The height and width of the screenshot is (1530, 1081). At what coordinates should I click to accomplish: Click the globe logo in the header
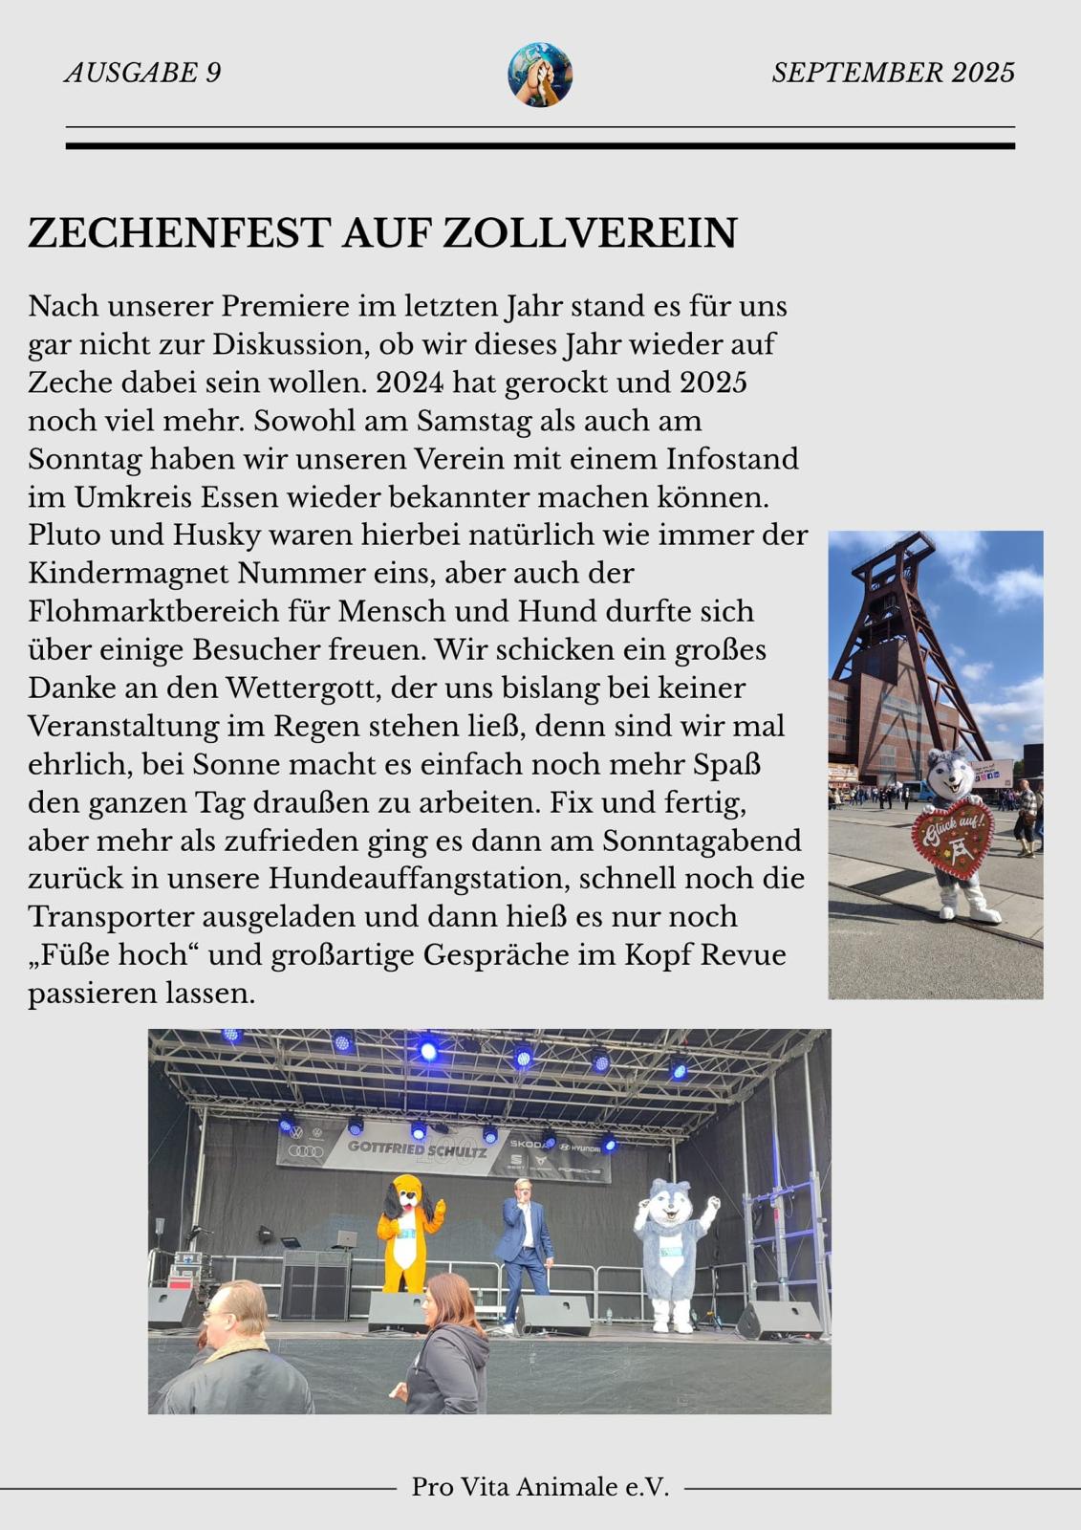[540, 74]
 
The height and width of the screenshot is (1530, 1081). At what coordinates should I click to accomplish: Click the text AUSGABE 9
[143, 73]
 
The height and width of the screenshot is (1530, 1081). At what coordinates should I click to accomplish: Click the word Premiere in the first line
[286, 306]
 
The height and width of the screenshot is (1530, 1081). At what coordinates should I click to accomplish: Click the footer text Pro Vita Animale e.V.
[540, 1487]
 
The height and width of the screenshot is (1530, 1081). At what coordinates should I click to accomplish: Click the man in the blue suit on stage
[524, 1243]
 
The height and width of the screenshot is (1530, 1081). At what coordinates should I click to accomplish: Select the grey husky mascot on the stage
[674, 1253]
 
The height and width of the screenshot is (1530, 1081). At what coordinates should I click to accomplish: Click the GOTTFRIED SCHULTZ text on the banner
[417, 1148]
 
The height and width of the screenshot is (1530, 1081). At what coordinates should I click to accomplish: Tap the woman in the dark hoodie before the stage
[447, 1344]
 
